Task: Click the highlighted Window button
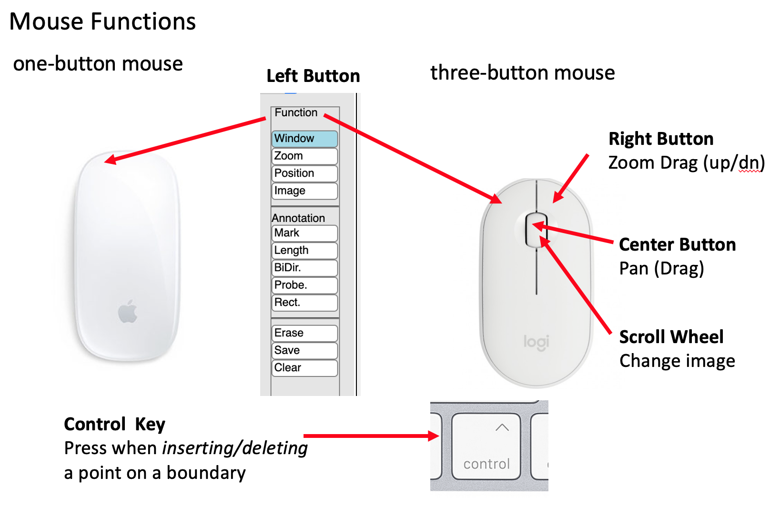[x=304, y=139]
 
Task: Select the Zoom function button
[x=304, y=156]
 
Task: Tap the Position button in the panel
[x=304, y=173]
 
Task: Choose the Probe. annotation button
[x=304, y=285]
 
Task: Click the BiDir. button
[x=304, y=268]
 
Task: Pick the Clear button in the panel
[x=304, y=368]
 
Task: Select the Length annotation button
[x=304, y=251]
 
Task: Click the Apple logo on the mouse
[x=128, y=312]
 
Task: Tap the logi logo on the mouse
[x=536, y=342]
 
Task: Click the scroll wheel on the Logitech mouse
[x=536, y=230]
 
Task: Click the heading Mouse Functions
[x=102, y=21]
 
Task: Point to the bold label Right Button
[x=661, y=139]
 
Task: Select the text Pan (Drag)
[x=661, y=268]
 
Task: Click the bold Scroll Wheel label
[x=671, y=337]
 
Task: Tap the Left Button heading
[x=313, y=76]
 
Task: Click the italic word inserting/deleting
[x=235, y=448]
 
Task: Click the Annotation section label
[x=298, y=218]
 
